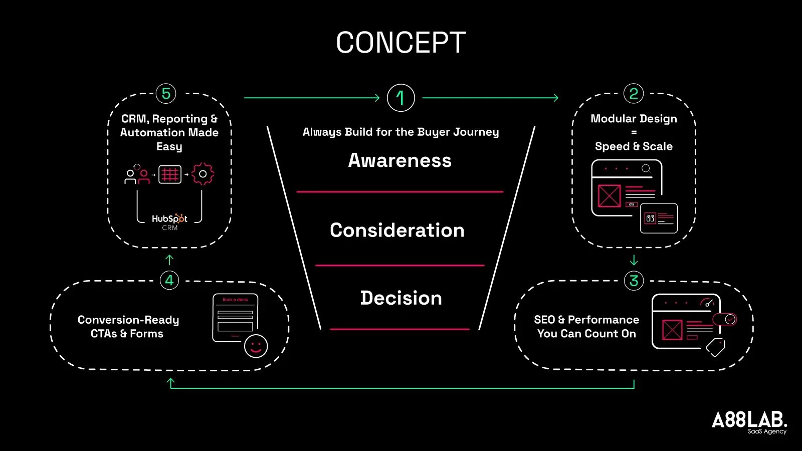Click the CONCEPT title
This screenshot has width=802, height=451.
400,43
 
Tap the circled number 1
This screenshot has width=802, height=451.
400,98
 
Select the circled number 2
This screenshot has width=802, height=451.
634,94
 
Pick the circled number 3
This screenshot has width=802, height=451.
634,281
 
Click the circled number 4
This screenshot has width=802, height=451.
169,280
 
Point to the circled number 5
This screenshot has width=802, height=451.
166,94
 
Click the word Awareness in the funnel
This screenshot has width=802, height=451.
400,160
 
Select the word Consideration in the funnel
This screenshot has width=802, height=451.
397,230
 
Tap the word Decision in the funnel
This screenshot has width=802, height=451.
401,298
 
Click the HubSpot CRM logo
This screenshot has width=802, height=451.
169,221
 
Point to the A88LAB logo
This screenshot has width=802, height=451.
749,421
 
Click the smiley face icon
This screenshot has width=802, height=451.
256,346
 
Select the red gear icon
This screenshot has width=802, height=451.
203,174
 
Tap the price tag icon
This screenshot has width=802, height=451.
715,347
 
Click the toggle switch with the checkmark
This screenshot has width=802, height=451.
724,319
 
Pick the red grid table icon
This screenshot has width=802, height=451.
170,174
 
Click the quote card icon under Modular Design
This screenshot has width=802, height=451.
659,218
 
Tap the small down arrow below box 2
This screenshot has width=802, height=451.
634,260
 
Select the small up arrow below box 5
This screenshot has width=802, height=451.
169,260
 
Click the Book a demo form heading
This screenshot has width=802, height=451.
235,300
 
